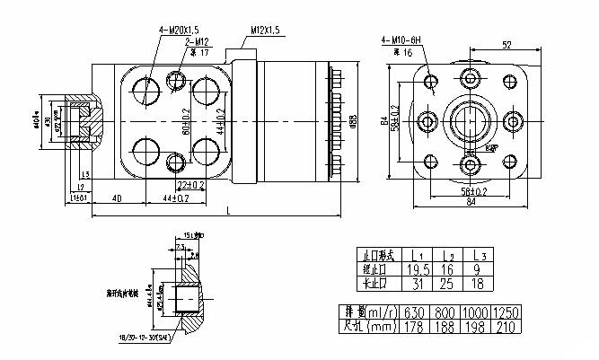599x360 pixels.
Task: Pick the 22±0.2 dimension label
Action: pyautogui.click(x=190, y=184)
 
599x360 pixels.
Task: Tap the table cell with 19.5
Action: pyautogui.click(x=418, y=268)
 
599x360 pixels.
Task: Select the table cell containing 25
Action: pyautogui.click(x=450, y=283)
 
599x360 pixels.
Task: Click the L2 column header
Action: pyautogui.click(x=450, y=255)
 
